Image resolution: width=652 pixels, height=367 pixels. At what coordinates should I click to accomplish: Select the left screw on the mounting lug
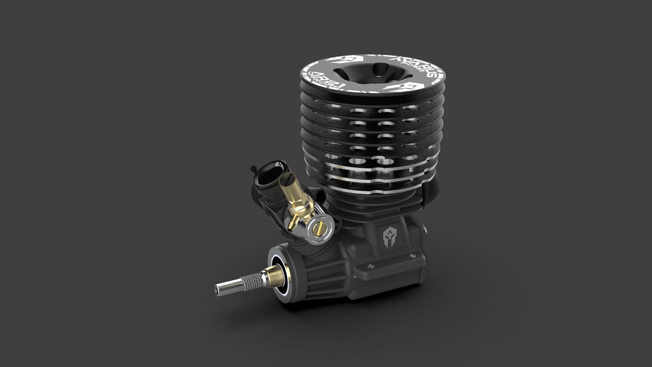(x=370, y=266)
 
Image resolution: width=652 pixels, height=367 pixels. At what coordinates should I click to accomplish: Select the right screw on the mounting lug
(x=412, y=256)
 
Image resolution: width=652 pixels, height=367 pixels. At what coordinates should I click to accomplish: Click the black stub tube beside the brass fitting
(x=320, y=195)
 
